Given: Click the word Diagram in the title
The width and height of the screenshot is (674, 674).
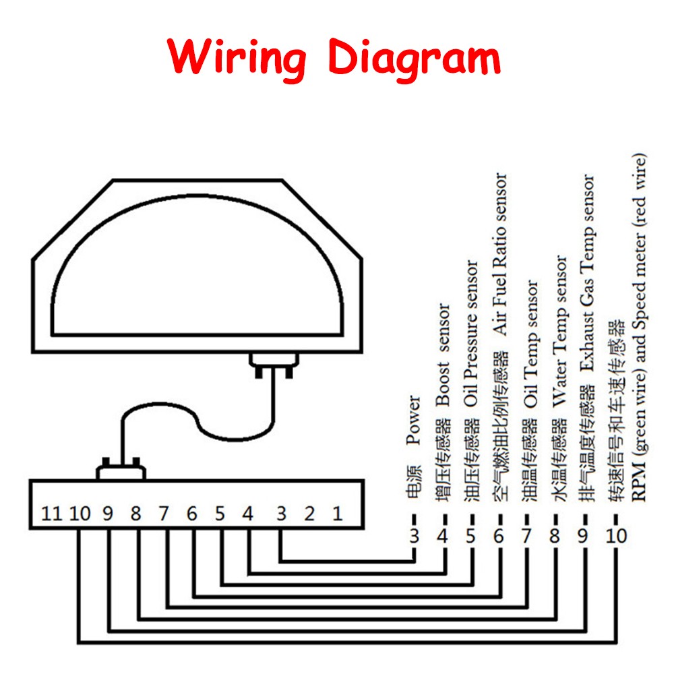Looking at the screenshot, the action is (x=415, y=59).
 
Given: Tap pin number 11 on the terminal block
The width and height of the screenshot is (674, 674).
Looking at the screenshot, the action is (x=52, y=513).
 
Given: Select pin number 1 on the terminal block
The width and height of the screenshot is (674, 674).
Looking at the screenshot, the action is (x=338, y=513).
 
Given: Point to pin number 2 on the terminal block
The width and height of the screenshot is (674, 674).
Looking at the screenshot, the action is (x=309, y=513).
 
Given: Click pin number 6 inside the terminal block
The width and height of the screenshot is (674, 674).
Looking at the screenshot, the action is (x=191, y=513).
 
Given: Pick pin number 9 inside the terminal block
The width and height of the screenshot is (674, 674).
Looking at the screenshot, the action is (x=107, y=513).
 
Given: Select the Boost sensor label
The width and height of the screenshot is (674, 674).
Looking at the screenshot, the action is (x=443, y=355).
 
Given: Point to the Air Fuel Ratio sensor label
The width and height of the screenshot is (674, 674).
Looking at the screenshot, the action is (x=500, y=253).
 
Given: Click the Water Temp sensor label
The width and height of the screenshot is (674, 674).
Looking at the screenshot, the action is (x=559, y=332).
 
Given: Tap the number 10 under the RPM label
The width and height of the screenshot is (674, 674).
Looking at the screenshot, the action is (x=616, y=536).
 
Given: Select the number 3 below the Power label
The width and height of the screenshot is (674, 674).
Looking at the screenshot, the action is (x=414, y=536).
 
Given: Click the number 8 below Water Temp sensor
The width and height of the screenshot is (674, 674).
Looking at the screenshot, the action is (x=555, y=536).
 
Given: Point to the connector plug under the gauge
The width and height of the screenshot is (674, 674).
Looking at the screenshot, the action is (x=274, y=365).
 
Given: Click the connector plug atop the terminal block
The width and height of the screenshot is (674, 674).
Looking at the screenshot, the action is (x=121, y=469).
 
